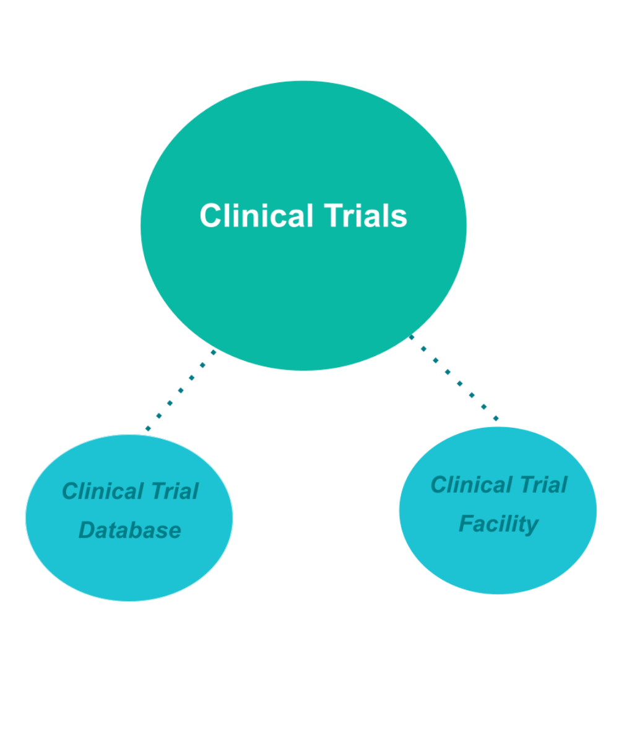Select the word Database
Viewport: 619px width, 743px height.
(x=130, y=530)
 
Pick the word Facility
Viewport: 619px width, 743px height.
(x=498, y=524)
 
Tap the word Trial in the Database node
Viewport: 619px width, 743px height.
(x=175, y=491)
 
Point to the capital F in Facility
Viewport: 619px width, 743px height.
(x=465, y=524)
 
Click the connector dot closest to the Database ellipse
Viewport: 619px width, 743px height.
(x=148, y=428)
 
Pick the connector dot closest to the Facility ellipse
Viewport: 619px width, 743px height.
(x=496, y=419)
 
